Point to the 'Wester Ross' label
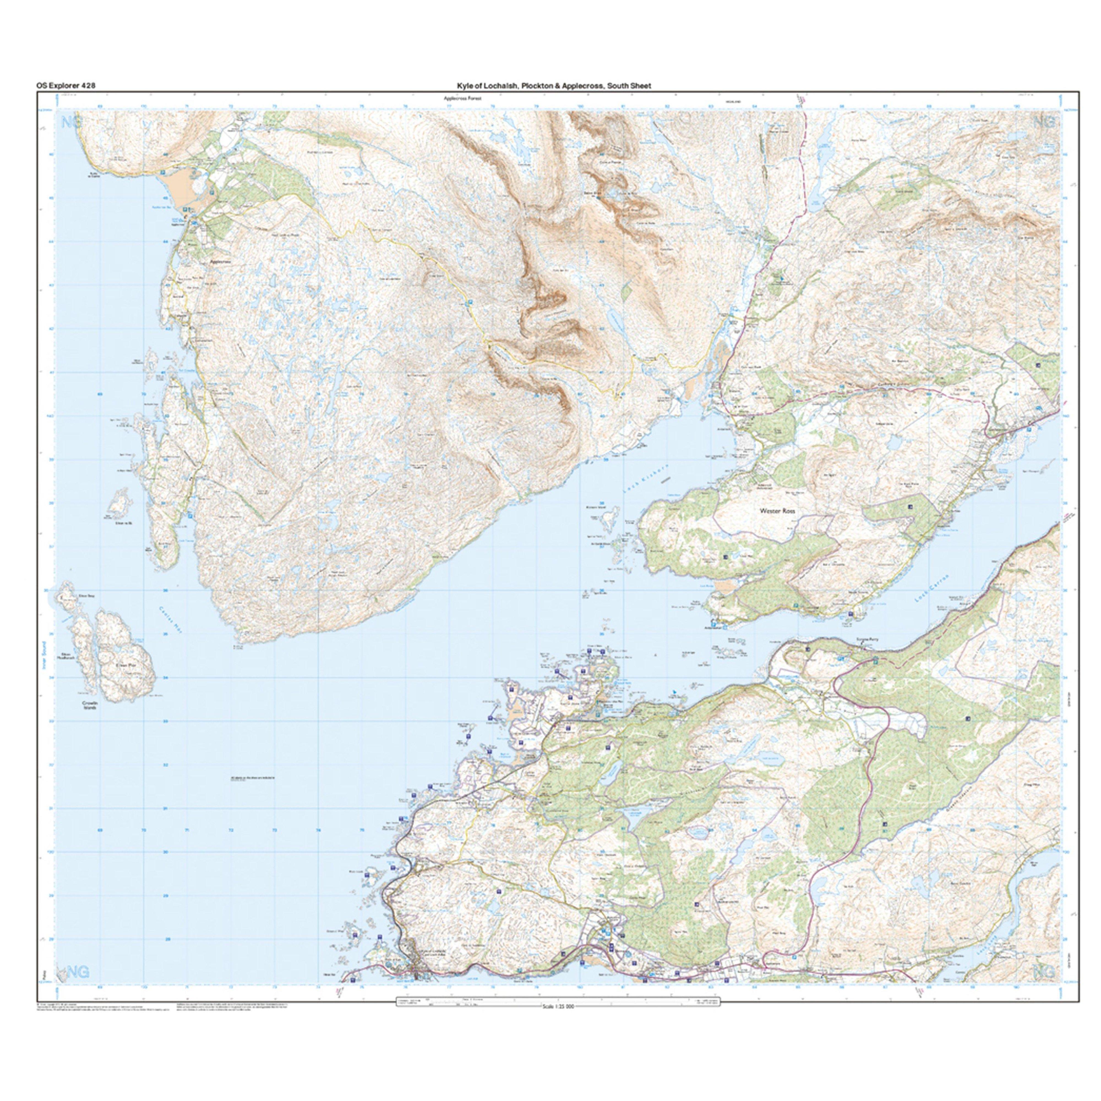tap(777, 512)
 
